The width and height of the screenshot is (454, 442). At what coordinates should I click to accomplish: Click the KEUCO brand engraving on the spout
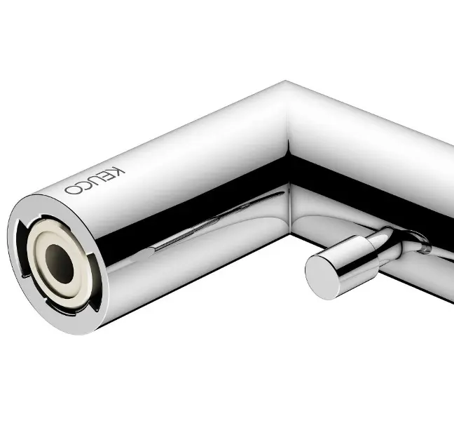coord(95,180)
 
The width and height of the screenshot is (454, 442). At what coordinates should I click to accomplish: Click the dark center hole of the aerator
coord(60,264)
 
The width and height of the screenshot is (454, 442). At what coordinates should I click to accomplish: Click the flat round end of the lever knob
coord(322,276)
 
